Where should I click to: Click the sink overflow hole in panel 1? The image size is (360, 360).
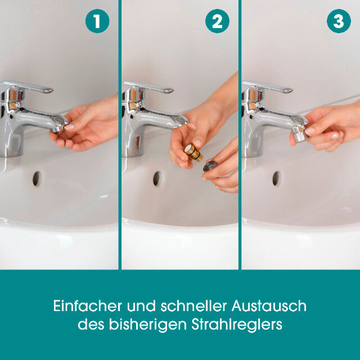37,178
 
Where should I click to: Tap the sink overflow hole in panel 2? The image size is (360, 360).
157,178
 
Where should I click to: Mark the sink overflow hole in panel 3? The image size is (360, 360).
276,178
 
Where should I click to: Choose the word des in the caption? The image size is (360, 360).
89,325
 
